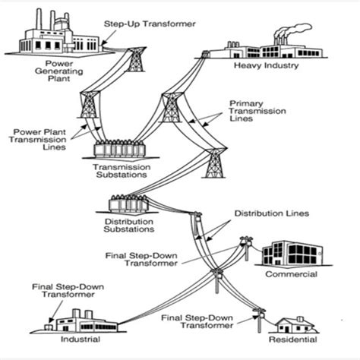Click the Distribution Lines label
tap(271, 214)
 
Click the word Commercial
tap(291, 274)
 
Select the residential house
tap(295, 326)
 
